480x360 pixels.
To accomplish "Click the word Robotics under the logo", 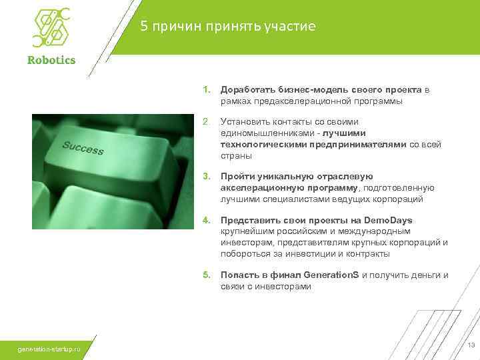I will tap(51, 60).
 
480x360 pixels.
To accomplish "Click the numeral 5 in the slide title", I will tap(144, 26).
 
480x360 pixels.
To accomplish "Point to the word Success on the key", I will tap(83, 148).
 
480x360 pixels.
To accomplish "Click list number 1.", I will tap(207, 90).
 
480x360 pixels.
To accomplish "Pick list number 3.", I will tap(207, 176).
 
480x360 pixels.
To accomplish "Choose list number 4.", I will tap(207, 220).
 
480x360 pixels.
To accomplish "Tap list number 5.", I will tap(207, 275).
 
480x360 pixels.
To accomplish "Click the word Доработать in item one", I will tap(245, 90).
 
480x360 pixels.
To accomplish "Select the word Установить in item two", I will tap(245, 121).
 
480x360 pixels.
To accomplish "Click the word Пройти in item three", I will tap(236, 176).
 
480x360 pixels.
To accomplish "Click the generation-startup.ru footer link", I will tap(50, 349).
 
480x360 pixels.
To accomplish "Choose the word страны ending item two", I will tap(236, 155).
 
